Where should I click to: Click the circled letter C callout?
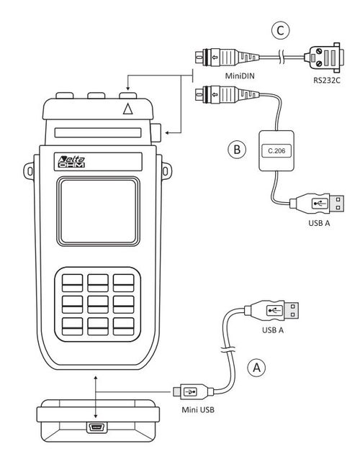280,30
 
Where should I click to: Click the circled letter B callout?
237,150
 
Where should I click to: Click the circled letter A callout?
256,368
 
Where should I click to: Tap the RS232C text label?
327,80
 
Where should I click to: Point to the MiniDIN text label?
240,76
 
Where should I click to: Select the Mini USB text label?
198,409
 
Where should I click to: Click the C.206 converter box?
276,151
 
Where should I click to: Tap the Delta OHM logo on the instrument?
72,162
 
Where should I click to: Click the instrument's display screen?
99,211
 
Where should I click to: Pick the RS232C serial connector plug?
324,58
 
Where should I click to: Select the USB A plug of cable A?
272,311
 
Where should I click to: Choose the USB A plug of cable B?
317,203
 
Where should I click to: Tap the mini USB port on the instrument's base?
96,427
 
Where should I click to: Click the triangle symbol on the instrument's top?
127,109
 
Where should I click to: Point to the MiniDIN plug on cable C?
227,57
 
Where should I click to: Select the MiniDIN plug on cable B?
227,94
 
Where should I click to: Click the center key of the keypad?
98,304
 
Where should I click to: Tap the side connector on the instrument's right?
156,133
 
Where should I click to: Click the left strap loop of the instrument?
29,171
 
